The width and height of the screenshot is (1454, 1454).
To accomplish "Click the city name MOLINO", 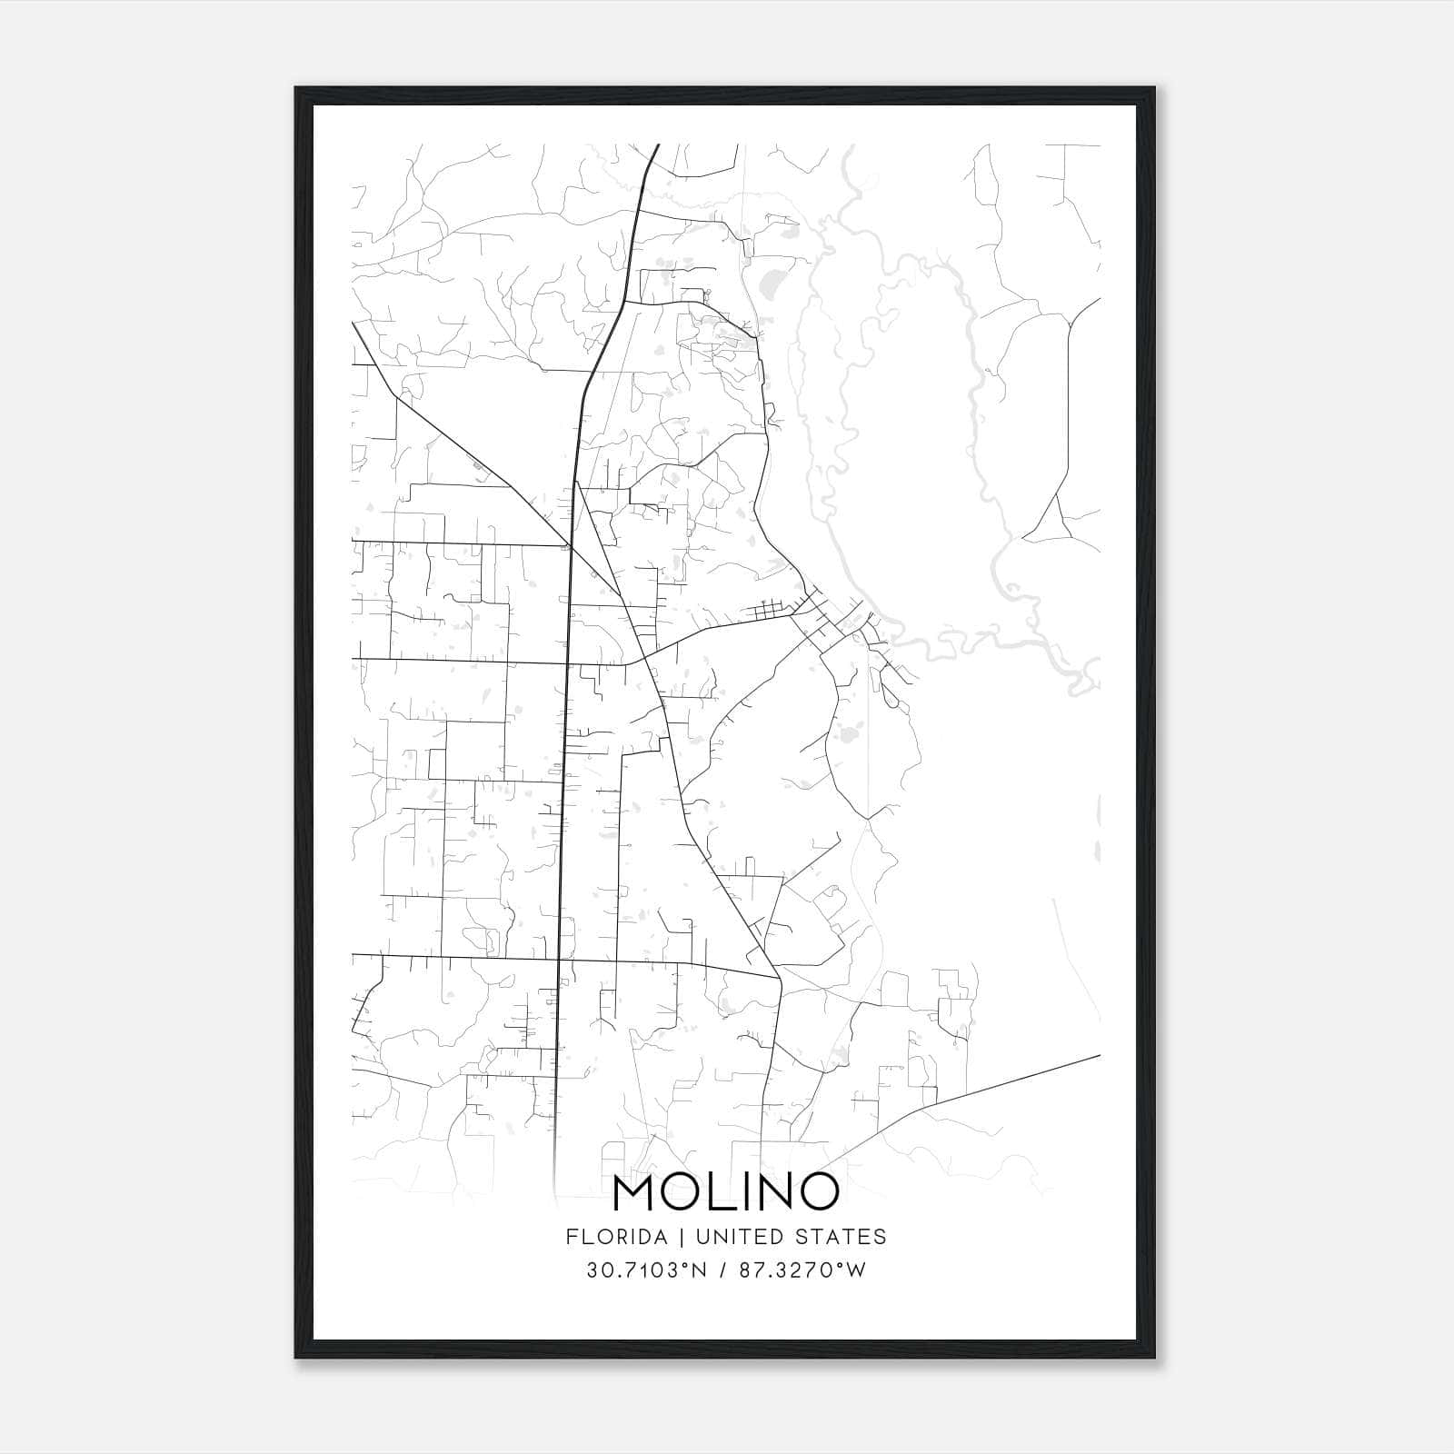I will click(725, 1192).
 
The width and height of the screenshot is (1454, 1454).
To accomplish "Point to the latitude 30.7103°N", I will click(646, 1270).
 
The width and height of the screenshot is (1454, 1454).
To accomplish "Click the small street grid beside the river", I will click(768, 611).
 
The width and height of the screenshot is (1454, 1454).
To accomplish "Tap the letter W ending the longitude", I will click(856, 1270).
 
